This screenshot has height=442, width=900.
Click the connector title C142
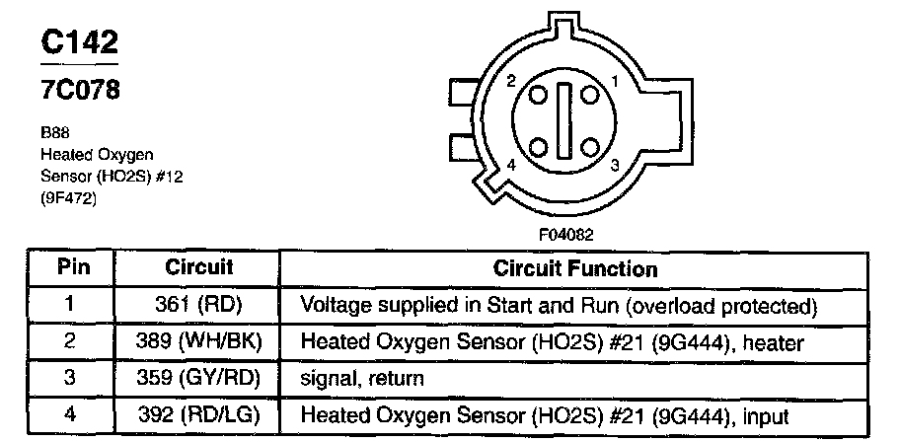pyautogui.click(x=79, y=41)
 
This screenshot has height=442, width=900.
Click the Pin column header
pyautogui.click(x=70, y=266)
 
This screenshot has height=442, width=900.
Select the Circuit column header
pyautogui.click(x=198, y=266)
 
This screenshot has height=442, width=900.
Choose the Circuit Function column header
pyautogui.click(x=574, y=268)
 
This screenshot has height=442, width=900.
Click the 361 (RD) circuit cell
pyautogui.click(x=198, y=305)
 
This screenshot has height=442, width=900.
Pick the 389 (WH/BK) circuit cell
pyautogui.click(x=198, y=341)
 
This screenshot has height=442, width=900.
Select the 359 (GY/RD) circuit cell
pyautogui.click(x=198, y=378)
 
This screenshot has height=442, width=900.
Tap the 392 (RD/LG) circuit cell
pyautogui.click(x=198, y=415)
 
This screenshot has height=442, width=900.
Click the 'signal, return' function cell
pyautogui.click(x=362, y=379)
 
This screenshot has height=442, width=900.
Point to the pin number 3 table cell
pyautogui.click(x=70, y=378)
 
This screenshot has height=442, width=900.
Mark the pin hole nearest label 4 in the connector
pyautogui.click(x=539, y=148)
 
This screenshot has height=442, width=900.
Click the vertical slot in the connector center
pyautogui.click(x=564, y=123)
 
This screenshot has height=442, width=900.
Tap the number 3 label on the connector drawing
pyautogui.click(x=615, y=165)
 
